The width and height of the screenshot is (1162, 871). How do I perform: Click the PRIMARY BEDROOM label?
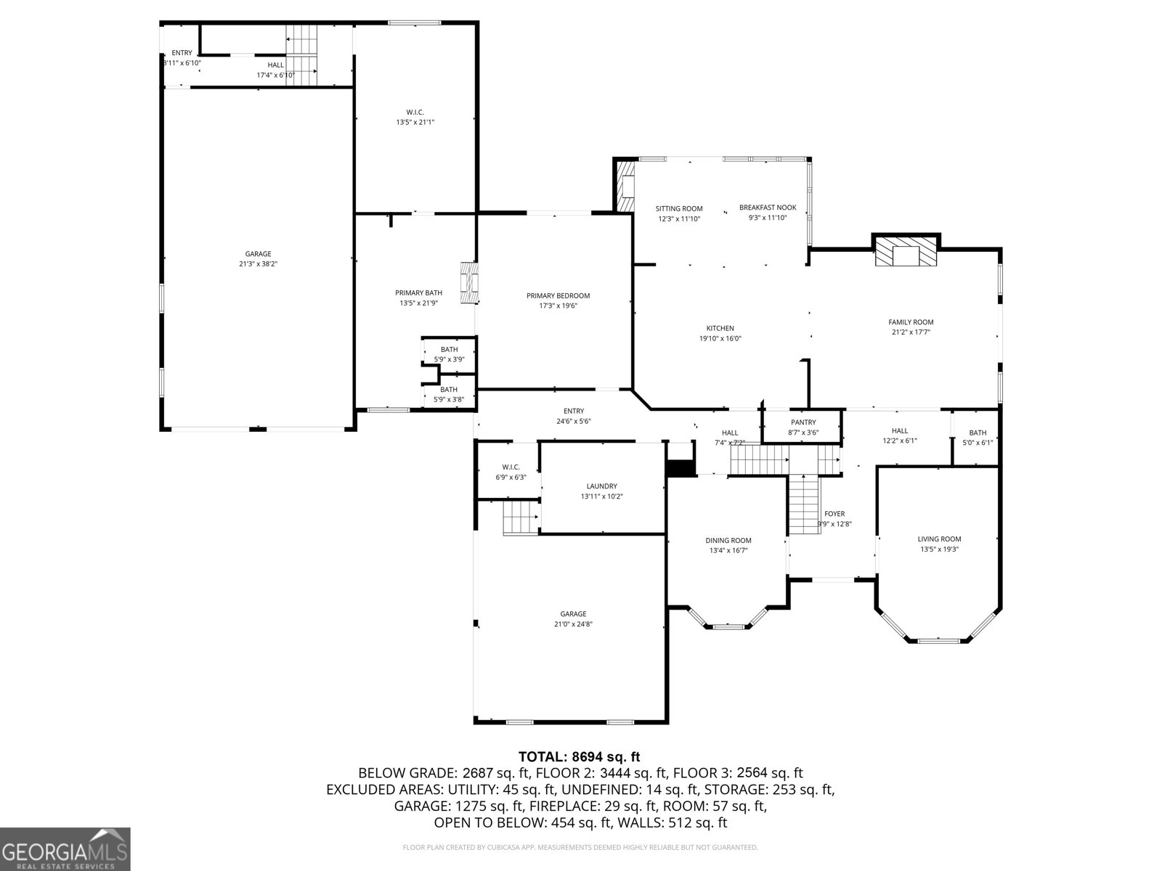558,295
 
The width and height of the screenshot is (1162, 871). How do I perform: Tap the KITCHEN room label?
720,328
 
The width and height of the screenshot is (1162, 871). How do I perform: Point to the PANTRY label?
803,422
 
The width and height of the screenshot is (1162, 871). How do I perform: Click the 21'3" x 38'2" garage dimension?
258,264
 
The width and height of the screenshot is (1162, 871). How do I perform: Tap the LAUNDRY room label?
601,486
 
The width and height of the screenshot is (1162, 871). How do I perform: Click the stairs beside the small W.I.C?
521,518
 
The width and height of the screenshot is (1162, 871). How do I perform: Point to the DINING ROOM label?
728,540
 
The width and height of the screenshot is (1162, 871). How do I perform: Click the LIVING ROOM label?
939,539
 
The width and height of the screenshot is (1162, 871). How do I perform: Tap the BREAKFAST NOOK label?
768,208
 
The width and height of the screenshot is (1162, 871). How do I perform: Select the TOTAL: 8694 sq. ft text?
579,757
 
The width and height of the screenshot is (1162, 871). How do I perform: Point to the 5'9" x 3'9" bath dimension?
449,359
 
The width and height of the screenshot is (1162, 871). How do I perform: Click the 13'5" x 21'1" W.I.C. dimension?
415,122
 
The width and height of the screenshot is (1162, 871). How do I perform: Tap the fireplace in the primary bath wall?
470,282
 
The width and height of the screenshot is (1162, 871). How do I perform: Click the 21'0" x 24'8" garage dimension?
573,624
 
